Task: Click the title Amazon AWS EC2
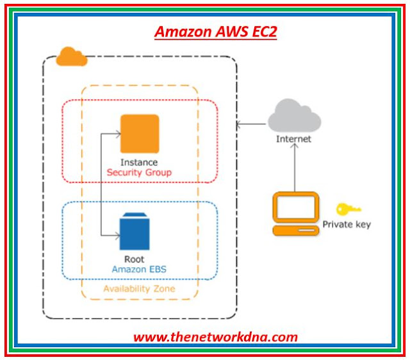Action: [215, 32]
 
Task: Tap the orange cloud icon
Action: [71, 57]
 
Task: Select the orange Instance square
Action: [139, 133]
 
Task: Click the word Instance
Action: [138, 162]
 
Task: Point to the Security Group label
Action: [139, 172]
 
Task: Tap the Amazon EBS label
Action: [139, 270]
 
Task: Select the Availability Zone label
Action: [139, 289]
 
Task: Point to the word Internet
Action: [294, 138]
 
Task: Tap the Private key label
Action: [347, 224]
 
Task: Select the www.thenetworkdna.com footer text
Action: [215, 336]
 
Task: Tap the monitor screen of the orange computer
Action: [295, 206]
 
